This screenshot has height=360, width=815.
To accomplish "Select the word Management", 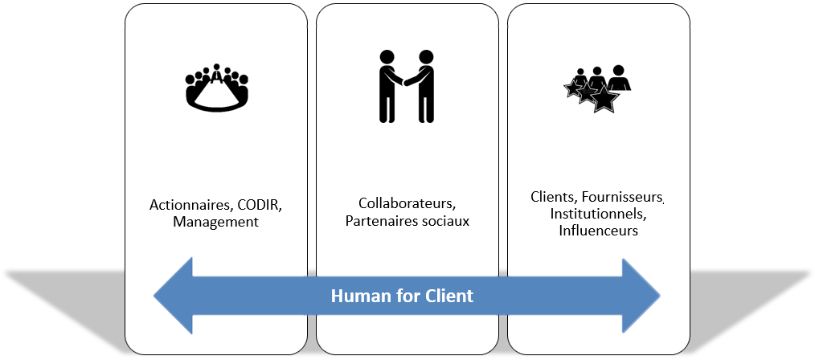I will [x=215, y=222].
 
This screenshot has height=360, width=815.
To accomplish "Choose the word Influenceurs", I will [x=599, y=231].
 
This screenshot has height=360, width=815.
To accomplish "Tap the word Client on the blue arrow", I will [x=450, y=296].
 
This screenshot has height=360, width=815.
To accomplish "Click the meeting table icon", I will [x=217, y=87].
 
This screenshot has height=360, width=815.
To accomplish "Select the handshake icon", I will [x=407, y=86].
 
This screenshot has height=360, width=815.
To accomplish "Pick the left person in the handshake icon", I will [x=388, y=84].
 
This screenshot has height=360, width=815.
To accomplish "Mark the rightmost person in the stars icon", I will [x=618, y=79].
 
